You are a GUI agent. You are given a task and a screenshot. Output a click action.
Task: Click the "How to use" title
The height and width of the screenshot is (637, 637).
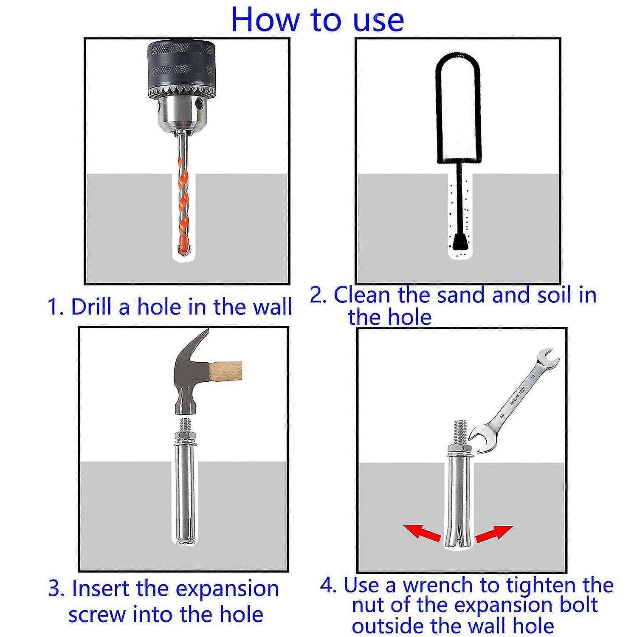coord(317,20)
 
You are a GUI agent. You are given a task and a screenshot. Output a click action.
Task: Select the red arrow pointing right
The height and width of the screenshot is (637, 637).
coord(494,533)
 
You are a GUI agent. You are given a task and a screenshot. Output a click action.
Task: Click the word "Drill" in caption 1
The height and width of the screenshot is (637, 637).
coord(89,307)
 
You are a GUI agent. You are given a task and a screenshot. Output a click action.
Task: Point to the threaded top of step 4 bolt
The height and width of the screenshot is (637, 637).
coord(460,431)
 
